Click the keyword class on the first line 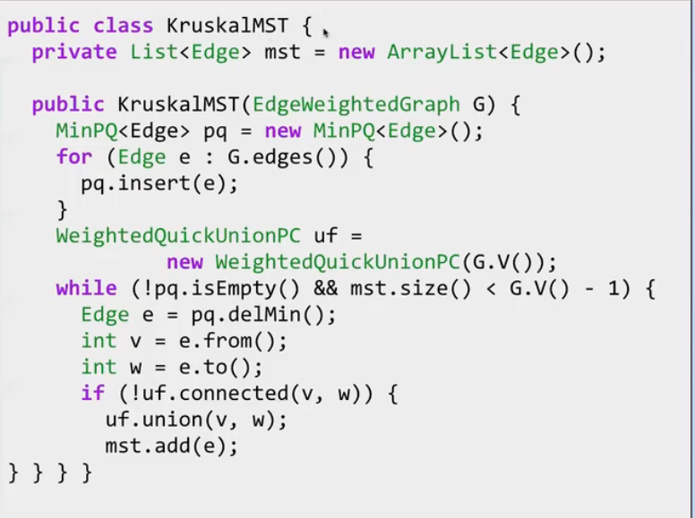[124, 25]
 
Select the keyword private [74, 53]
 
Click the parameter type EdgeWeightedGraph [356, 105]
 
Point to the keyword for [74, 157]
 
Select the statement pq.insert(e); [159, 183]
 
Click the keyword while [87, 288]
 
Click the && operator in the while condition [326, 288]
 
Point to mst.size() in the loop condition [410, 288]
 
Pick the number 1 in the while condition [613, 289]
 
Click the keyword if [92, 393]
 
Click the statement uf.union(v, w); [196, 420]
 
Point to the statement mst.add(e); [172, 446]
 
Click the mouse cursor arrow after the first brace [325, 32]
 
